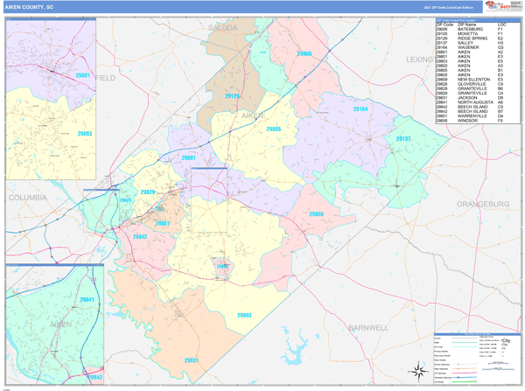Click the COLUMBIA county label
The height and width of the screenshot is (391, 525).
pyautogui.click(x=27, y=199)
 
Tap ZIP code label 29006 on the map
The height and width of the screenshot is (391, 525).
pyautogui.click(x=304, y=53)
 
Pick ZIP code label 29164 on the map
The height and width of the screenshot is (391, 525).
pyautogui.click(x=360, y=109)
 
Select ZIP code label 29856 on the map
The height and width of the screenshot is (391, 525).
pyautogui.click(x=316, y=214)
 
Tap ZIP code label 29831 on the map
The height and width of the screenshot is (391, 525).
pyautogui.click(x=191, y=360)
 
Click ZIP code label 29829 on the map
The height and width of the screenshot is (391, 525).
pyautogui.click(x=147, y=192)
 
